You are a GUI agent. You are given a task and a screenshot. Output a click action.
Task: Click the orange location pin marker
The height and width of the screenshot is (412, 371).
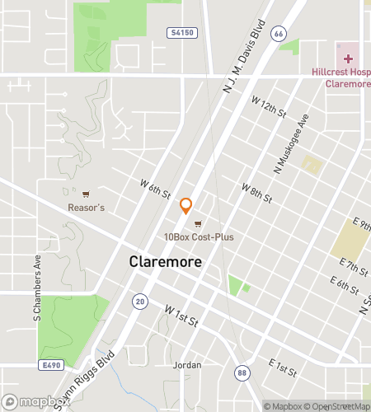186,206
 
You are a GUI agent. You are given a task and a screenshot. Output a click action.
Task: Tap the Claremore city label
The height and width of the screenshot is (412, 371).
166,261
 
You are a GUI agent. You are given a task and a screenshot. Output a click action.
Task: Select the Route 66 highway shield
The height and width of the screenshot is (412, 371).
279,34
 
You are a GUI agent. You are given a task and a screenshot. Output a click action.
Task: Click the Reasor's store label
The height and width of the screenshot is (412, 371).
86,208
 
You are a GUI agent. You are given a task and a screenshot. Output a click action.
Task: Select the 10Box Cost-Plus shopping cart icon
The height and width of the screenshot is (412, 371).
197,224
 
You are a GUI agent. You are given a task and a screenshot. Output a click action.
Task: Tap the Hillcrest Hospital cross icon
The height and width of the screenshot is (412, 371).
348,59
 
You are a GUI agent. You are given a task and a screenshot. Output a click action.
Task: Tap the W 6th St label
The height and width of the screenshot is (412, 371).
155,190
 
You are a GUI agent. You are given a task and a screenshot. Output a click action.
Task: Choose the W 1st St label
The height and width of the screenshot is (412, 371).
181,316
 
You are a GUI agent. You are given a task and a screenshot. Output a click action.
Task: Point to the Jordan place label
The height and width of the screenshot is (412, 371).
187,364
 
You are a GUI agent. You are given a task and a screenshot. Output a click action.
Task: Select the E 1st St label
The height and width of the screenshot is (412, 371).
282,368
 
